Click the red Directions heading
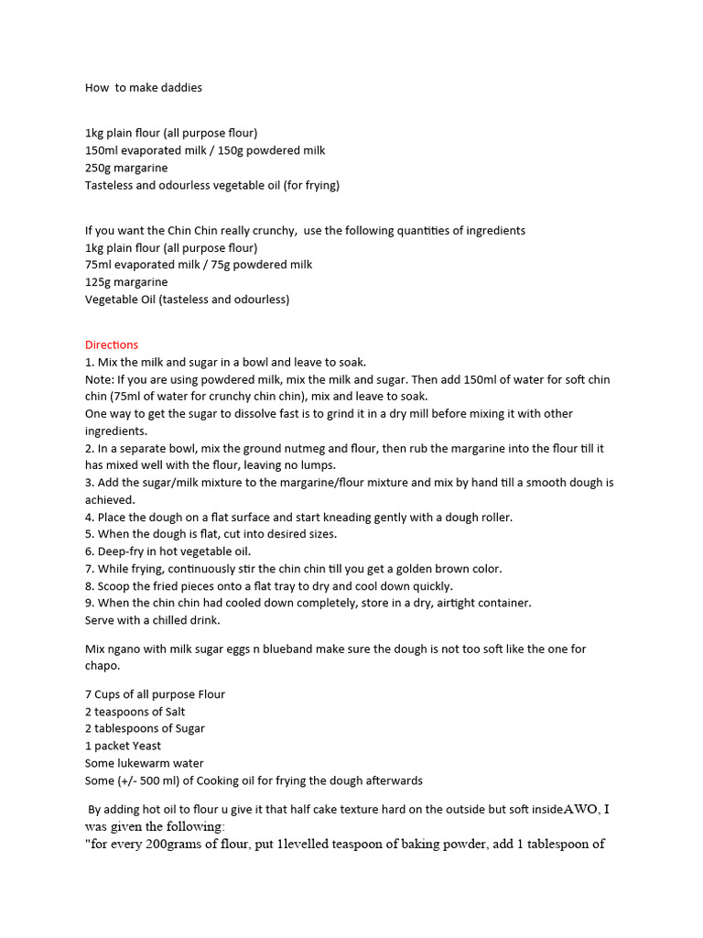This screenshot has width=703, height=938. click(x=112, y=345)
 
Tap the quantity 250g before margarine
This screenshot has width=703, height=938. click(x=99, y=169)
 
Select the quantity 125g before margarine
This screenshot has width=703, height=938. click(x=99, y=282)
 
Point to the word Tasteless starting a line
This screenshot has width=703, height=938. click(x=113, y=185)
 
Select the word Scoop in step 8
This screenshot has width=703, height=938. click(x=114, y=586)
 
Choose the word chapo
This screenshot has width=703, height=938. click(x=103, y=666)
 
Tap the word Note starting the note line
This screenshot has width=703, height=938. click(x=99, y=379)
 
